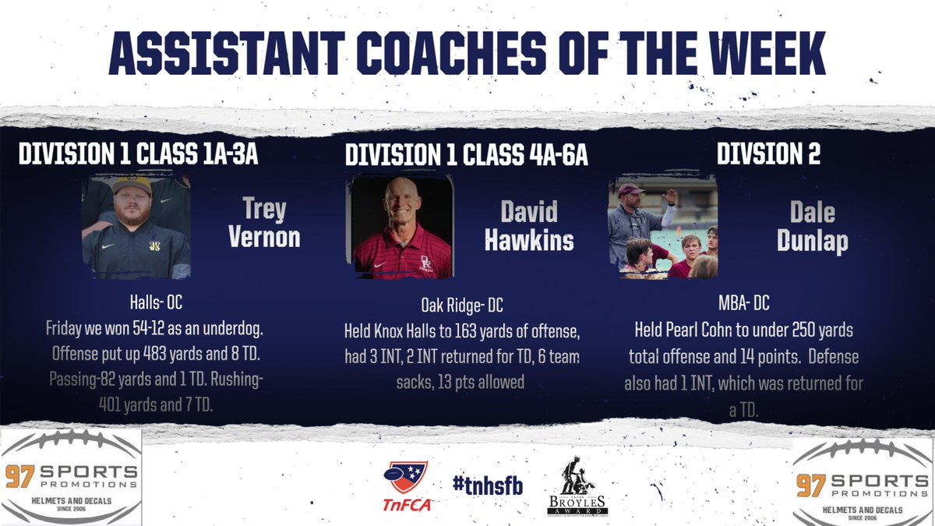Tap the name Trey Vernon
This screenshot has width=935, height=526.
264,223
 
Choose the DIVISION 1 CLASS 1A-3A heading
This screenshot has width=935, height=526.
138,155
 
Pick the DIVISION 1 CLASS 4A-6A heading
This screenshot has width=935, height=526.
466,155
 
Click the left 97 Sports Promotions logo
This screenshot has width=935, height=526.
71,476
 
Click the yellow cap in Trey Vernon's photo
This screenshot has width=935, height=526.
132,186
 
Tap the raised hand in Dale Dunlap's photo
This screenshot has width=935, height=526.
670,195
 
